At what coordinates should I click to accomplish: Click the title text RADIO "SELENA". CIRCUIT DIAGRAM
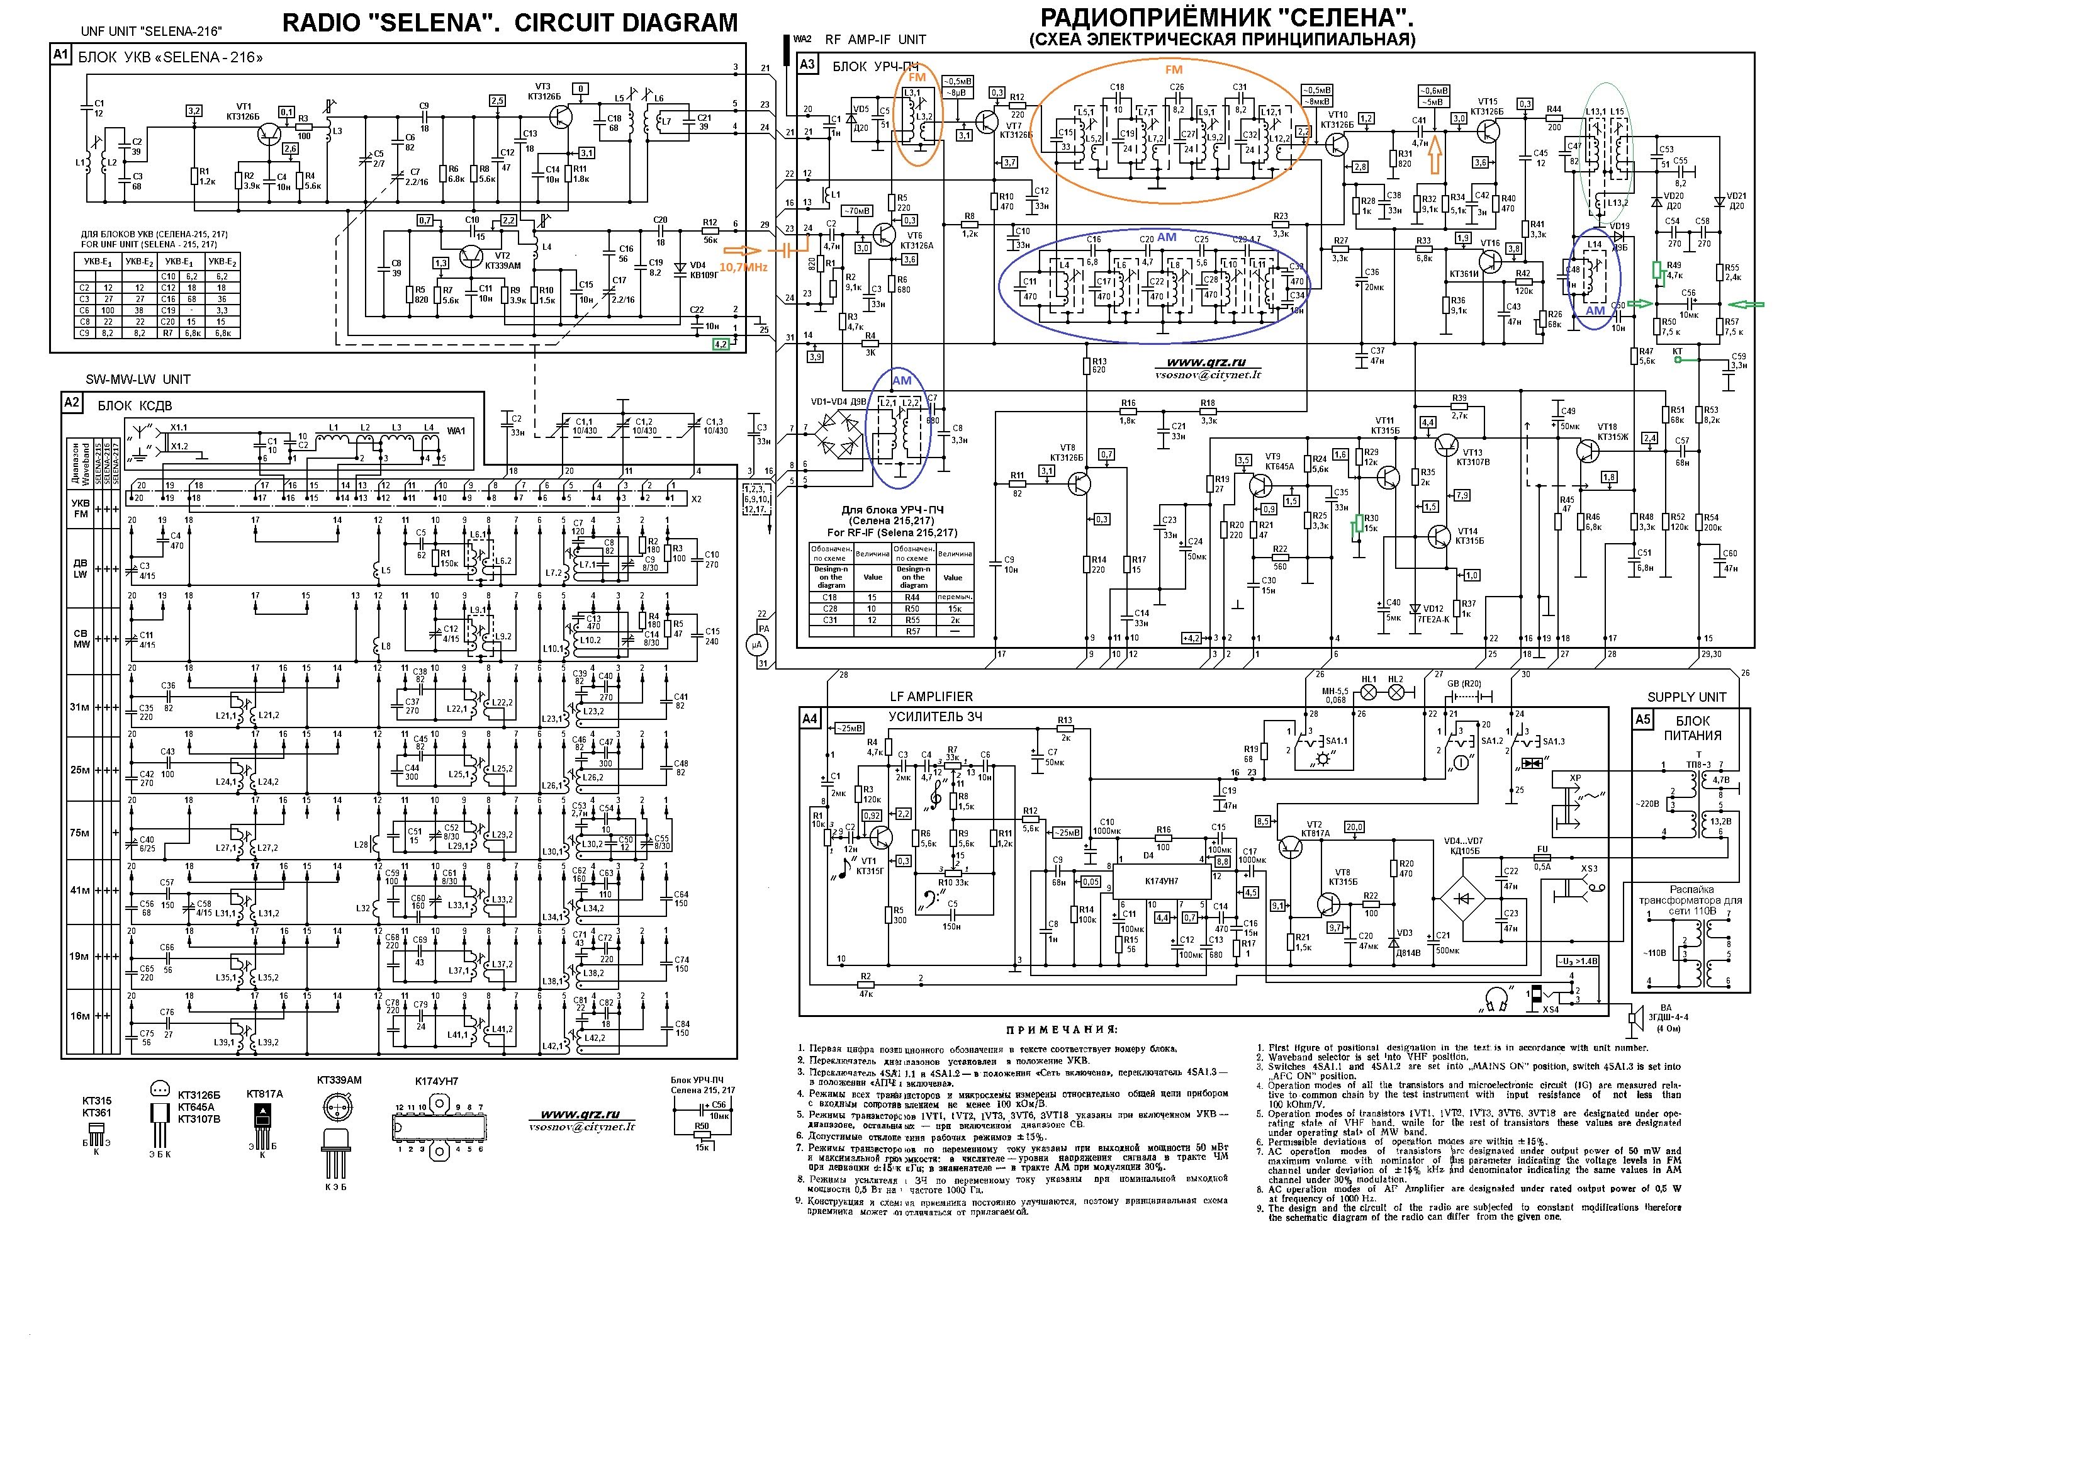tap(510, 23)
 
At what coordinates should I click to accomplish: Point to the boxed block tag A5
tap(1642, 721)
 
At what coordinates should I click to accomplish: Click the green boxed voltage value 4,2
tap(721, 344)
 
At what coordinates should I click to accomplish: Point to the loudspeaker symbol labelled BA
tap(1637, 1017)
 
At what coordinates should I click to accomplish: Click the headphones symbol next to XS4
tap(1496, 999)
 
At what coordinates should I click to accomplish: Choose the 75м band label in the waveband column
tap(81, 832)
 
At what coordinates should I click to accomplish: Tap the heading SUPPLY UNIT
tap(1686, 697)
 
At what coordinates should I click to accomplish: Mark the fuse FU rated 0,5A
tap(1541, 857)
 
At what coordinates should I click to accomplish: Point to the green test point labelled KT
tap(1678, 359)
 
